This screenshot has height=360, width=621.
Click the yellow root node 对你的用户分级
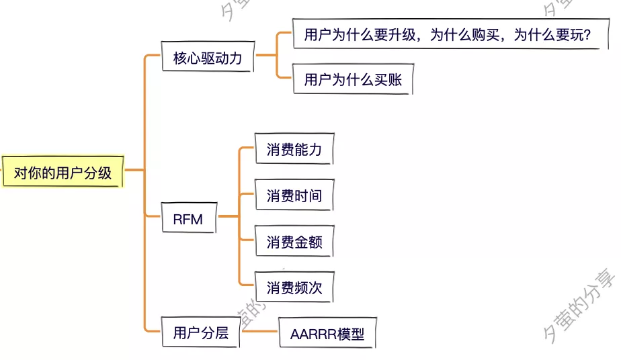(63, 173)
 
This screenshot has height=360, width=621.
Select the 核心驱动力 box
(207, 58)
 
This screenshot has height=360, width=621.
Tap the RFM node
(188, 219)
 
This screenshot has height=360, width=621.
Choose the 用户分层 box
(200, 332)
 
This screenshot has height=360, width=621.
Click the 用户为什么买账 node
(352, 80)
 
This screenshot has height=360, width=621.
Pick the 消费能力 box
(294, 150)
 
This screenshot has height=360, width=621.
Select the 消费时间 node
(294, 196)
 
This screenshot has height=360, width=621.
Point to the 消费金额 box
(294, 242)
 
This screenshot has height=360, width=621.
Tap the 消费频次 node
(294, 288)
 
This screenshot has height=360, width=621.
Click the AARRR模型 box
(327, 334)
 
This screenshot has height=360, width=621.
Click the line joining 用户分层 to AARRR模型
(259, 331)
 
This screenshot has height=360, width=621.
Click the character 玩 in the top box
(572, 35)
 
